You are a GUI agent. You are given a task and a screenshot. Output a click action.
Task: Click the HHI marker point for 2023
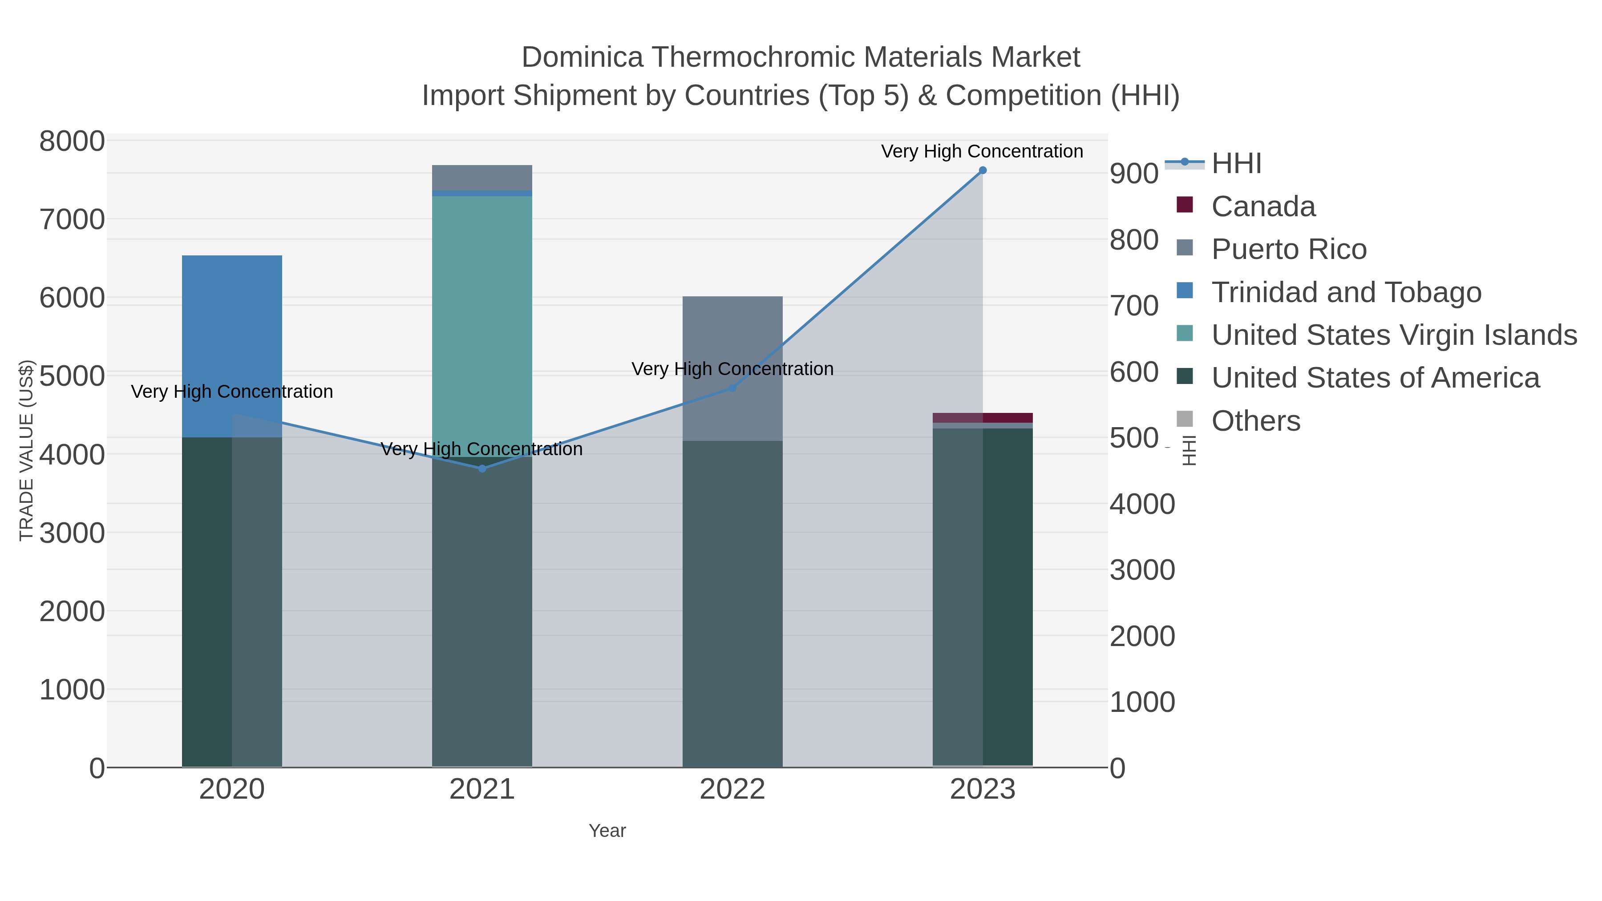tap(983, 170)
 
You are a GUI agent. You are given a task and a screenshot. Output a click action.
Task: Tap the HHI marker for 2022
tap(732, 388)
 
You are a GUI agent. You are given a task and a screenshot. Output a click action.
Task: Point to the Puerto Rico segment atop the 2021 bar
tap(482, 177)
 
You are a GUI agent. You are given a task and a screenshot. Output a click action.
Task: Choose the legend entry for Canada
tap(1262, 206)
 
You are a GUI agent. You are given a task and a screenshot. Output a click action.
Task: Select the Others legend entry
tap(1255, 421)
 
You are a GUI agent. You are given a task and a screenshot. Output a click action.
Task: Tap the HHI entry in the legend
tap(1236, 164)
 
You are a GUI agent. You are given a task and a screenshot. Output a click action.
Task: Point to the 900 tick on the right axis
tap(1134, 174)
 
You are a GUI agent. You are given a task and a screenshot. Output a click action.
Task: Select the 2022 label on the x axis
tap(732, 790)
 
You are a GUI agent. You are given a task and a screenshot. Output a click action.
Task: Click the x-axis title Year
tap(607, 831)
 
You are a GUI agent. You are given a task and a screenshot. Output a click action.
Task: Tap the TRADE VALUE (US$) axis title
tap(26, 450)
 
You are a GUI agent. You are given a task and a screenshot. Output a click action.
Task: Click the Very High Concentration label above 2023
tap(982, 152)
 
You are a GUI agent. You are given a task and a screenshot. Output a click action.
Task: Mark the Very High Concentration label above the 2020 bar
tap(232, 392)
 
